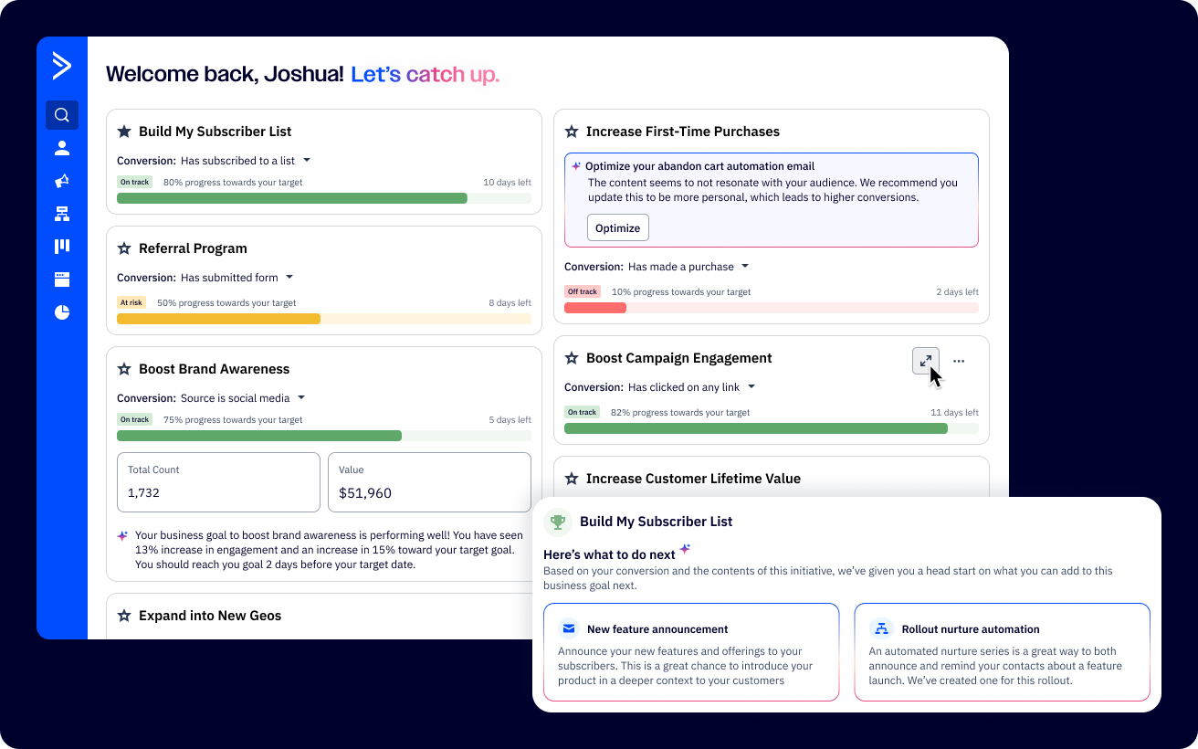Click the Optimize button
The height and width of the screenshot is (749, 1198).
(617, 227)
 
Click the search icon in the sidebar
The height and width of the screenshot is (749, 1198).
(62, 115)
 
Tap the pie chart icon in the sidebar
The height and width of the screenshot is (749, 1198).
(62, 312)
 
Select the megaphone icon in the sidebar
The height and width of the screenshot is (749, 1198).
(62, 181)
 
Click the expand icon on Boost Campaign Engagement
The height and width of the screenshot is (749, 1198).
(925, 361)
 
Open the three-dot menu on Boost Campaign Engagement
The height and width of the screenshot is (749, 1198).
(959, 361)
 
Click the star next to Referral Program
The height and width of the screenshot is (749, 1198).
(124, 248)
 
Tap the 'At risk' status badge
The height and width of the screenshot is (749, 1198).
(131, 302)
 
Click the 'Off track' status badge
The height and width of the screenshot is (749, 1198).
(582, 291)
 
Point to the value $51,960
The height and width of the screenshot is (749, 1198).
(365, 493)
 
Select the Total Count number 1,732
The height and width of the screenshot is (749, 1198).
(144, 493)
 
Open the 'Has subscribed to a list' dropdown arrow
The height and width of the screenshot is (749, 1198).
(307, 160)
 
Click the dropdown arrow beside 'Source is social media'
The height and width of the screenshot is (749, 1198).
(301, 397)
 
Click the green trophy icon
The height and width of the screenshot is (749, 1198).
(557, 522)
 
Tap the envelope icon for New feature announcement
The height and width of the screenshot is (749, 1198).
(569, 628)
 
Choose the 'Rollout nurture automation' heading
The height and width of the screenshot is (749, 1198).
(970, 629)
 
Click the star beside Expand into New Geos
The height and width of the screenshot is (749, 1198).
(124, 616)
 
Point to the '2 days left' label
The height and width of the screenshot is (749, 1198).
(957, 292)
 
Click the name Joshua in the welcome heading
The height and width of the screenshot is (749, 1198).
(302, 75)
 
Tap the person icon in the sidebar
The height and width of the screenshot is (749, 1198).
(62, 148)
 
